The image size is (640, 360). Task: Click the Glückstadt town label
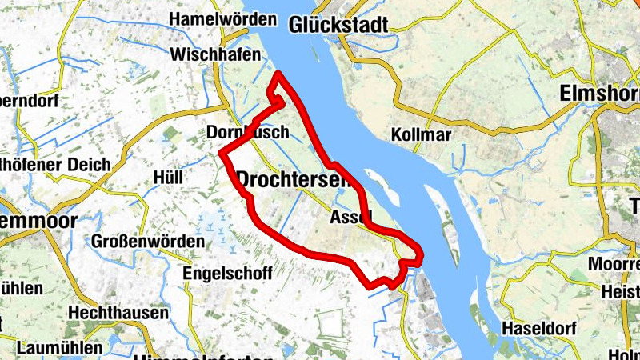[339, 24]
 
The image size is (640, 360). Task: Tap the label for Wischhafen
[216, 55]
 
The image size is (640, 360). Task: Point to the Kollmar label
[422, 134]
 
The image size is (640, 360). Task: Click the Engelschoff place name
[228, 273]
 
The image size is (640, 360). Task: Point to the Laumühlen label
[60, 348]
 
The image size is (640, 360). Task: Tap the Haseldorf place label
[538, 328]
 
